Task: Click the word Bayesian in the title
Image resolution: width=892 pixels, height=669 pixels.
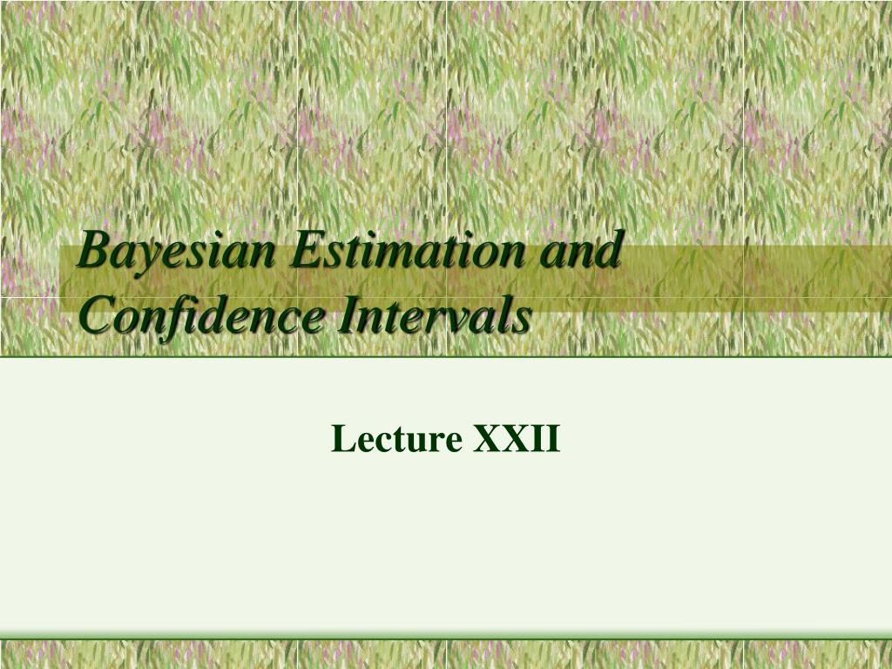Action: point(175,253)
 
